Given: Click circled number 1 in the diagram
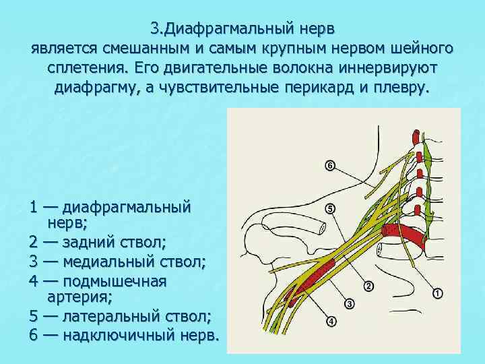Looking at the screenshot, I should [437, 293].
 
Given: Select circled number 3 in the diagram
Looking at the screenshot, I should [350, 304].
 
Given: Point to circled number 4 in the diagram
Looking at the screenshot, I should [331, 322].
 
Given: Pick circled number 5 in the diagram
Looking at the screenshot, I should [329, 210].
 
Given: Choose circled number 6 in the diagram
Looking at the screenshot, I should [329, 165].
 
